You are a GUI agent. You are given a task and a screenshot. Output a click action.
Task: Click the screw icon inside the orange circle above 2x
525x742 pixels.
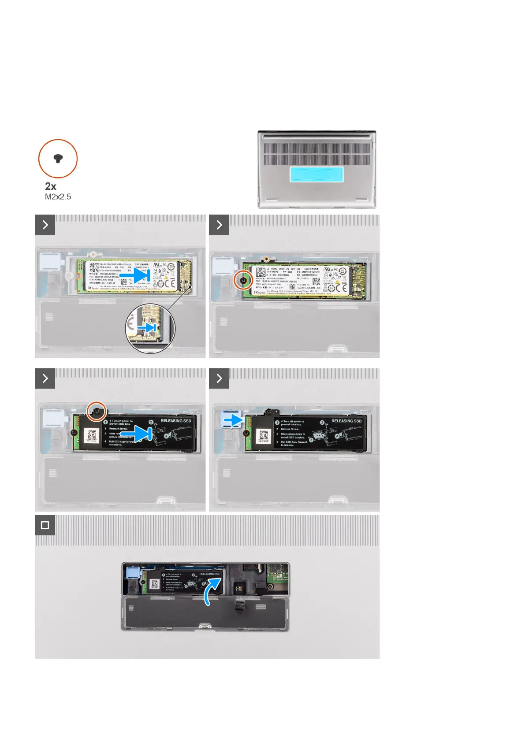coord(58,159)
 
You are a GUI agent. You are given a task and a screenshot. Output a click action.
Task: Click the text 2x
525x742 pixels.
coord(51,186)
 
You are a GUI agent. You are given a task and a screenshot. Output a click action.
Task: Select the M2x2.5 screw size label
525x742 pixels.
coord(58,197)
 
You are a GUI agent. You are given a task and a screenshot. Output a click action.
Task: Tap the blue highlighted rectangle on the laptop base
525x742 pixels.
coord(316,174)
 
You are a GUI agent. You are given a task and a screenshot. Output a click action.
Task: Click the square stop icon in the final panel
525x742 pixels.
coord(45,525)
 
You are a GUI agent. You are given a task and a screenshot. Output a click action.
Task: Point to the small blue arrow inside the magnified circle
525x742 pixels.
coord(147,328)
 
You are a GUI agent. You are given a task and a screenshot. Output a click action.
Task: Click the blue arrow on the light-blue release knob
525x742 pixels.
coord(232,420)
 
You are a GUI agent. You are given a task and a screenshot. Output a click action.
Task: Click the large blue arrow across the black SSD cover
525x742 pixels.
coord(141,434)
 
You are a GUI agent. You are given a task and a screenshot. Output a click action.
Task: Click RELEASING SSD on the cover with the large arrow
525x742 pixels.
coord(176,421)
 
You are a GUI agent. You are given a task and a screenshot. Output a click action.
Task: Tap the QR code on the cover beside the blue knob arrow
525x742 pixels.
coord(264,435)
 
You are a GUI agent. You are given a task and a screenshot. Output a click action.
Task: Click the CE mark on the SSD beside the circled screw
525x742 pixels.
coord(341,288)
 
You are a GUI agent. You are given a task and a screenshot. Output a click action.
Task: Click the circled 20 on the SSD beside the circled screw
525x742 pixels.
coord(343,272)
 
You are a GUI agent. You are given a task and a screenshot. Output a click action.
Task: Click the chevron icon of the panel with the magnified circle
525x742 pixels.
coord(45,225)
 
